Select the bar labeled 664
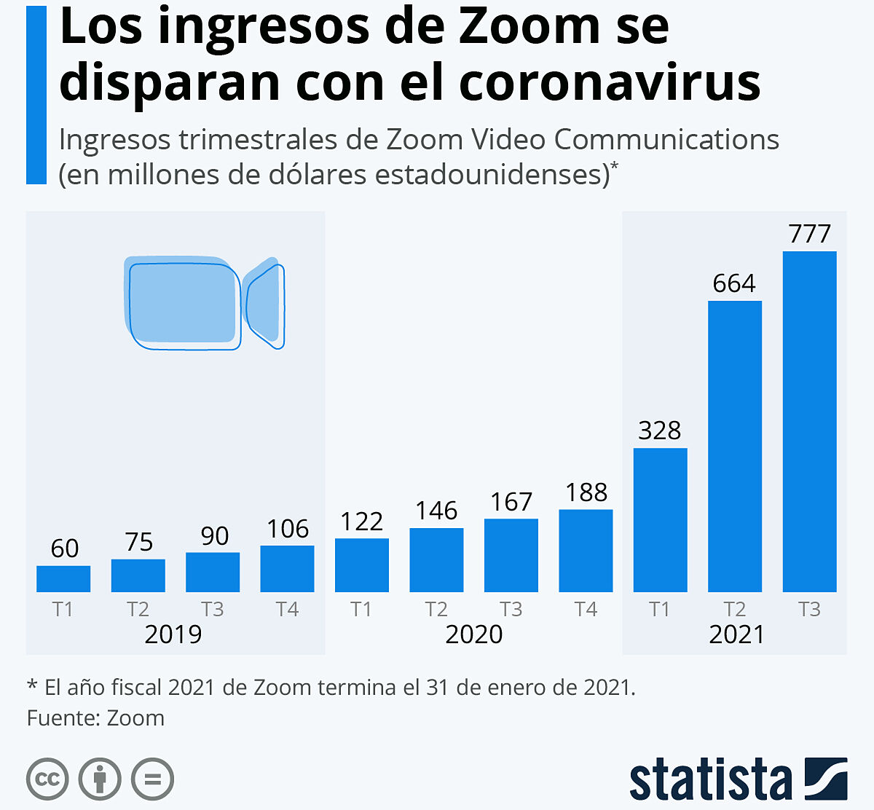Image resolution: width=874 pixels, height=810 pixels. [x=735, y=446]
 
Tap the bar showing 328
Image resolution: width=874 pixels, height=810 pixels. [x=660, y=519]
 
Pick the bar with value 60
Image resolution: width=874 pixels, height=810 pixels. [x=63, y=578]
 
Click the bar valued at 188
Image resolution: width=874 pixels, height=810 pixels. [x=586, y=550]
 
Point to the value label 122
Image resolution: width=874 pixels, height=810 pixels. [x=361, y=522]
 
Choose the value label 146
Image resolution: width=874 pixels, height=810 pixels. [x=436, y=511]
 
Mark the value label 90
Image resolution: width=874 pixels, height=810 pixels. [x=214, y=536]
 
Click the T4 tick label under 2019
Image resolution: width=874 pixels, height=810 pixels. [x=287, y=609]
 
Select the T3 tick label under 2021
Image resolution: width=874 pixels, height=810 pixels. [x=809, y=609]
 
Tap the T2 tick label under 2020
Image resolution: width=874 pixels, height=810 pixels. [x=436, y=609]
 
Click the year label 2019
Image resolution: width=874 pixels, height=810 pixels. [x=173, y=634]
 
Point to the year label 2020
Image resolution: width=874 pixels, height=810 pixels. [x=473, y=634]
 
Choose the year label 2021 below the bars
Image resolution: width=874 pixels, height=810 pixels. [x=736, y=634]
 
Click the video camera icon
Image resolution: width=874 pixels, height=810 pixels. [x=204, y=302]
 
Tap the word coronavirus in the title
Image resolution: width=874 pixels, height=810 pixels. [x=610, y=82]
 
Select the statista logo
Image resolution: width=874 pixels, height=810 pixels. [x=737, y=779]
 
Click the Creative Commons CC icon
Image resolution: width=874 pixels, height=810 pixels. [x=47, y=779]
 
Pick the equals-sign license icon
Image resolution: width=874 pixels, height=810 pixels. [x=152, y=779]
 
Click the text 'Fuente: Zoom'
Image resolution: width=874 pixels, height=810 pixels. [x=95, y=718]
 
